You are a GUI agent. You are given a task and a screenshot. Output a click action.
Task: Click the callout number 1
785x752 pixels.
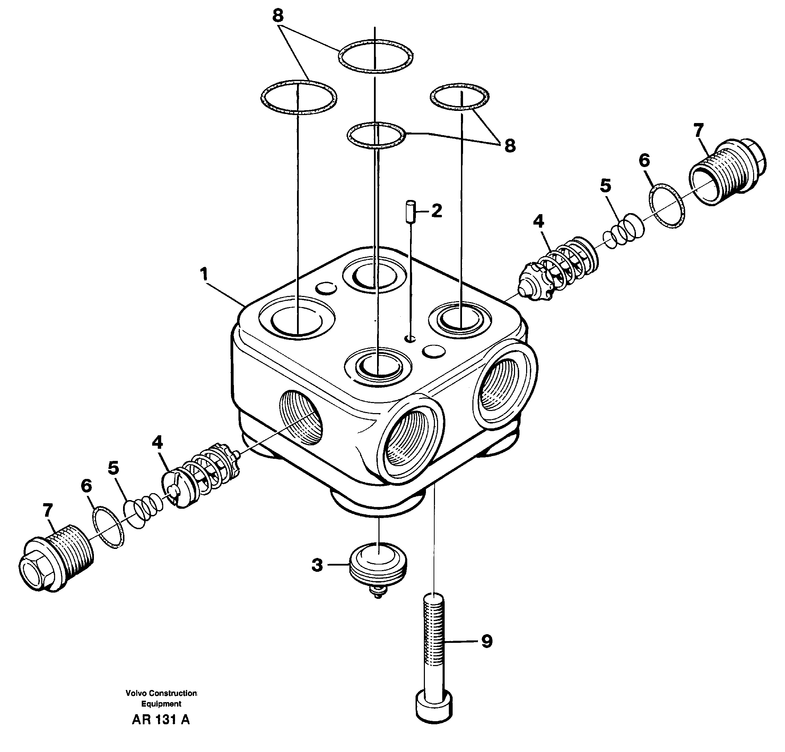tap(204, 275)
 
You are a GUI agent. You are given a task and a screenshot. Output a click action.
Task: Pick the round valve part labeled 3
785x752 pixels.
tap(378, 565)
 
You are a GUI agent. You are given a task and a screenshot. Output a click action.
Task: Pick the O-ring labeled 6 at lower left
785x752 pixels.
tap(108, 527)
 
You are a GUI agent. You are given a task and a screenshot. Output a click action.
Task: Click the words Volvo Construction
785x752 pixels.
tap(161, 693)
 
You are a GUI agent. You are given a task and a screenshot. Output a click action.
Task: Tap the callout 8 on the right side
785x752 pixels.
tap(509, 146)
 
